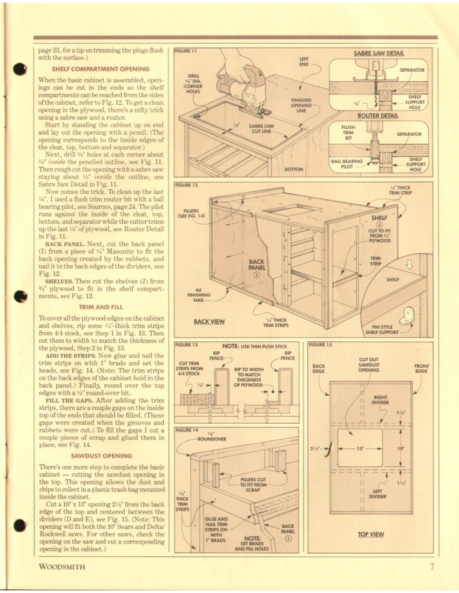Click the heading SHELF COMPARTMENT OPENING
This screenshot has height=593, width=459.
tap(100, 69)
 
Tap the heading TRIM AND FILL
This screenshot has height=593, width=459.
tap(100, 307)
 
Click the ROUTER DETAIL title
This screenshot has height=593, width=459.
tap(378, 115)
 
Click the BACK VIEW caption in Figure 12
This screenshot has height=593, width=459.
tap(209, 322)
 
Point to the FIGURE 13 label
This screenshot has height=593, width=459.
tap(187, 344)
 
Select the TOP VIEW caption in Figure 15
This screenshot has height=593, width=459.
tap(371, 534)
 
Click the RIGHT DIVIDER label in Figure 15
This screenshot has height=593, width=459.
tap(381, 399)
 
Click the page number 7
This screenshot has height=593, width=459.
tap(432, 566)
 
